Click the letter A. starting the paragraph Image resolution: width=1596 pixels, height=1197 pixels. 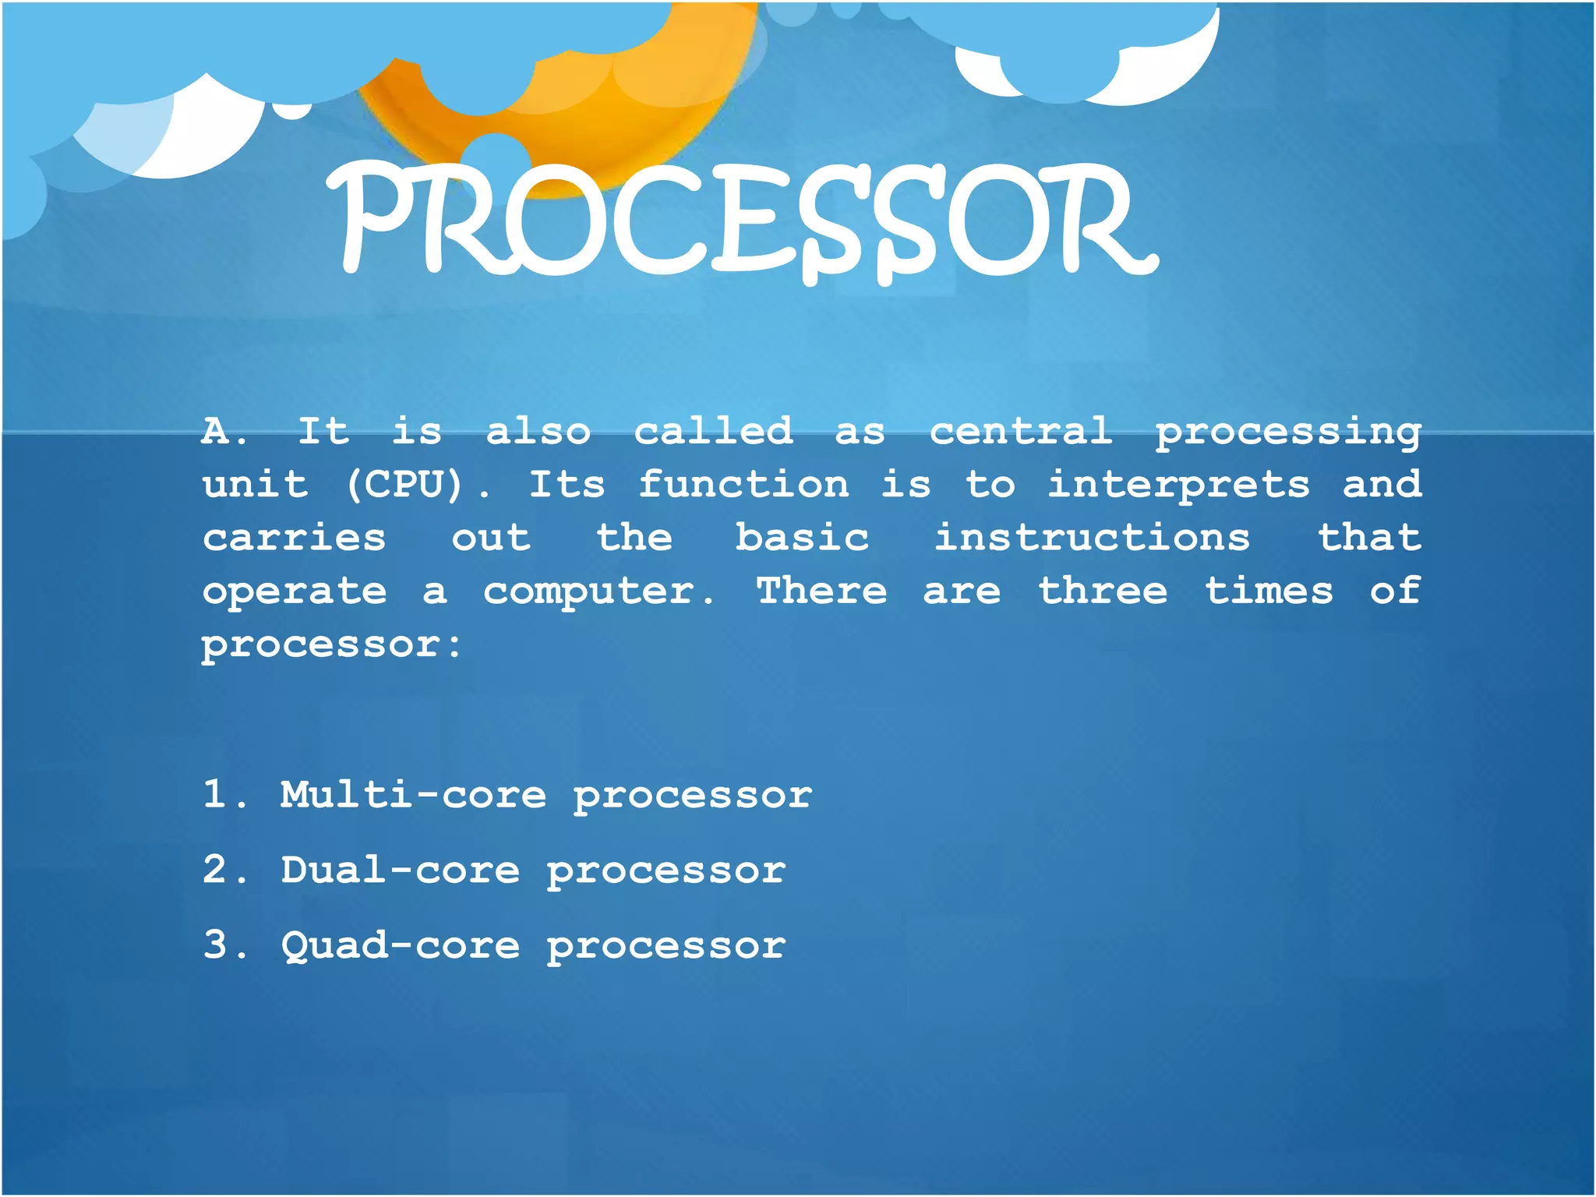[x=223, y=431]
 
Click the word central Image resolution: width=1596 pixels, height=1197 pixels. [x=1021, y=431]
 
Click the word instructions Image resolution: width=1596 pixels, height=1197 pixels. [x=1092, y=537]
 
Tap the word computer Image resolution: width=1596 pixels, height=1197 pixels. [x=597, y=591]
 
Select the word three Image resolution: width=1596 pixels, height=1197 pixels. [x=1103, y=590]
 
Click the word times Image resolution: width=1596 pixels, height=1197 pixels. [x=1269, y=590]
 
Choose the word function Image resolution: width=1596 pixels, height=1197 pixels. [x=743, y=484]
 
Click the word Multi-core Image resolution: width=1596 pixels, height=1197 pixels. [x=413, y=795]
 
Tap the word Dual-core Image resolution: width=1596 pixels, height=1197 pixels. [x=400, y=870]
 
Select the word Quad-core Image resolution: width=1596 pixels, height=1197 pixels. [x=400, y=945]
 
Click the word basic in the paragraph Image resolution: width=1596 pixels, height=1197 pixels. [x=802, y=537]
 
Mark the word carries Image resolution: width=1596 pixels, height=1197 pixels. [x=294, y=538]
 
